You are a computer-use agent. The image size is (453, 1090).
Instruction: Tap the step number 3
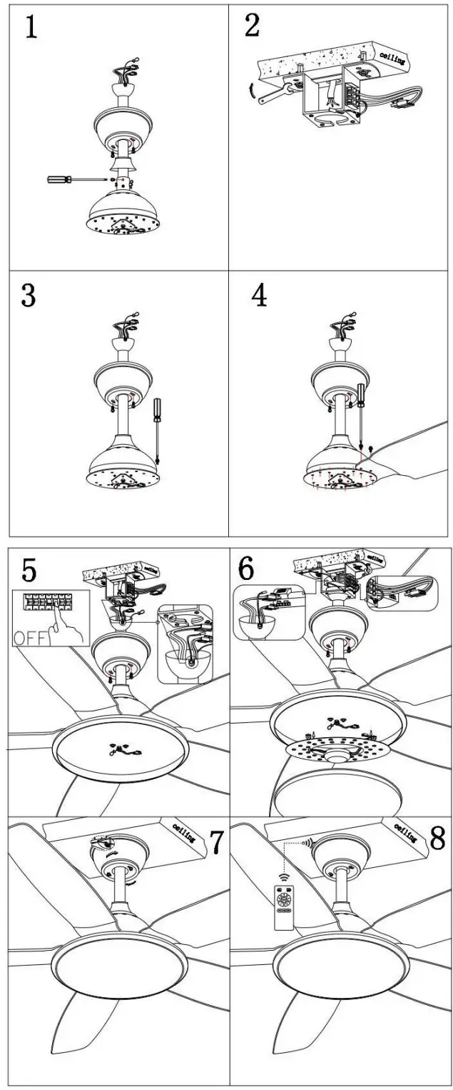(28, 295)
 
